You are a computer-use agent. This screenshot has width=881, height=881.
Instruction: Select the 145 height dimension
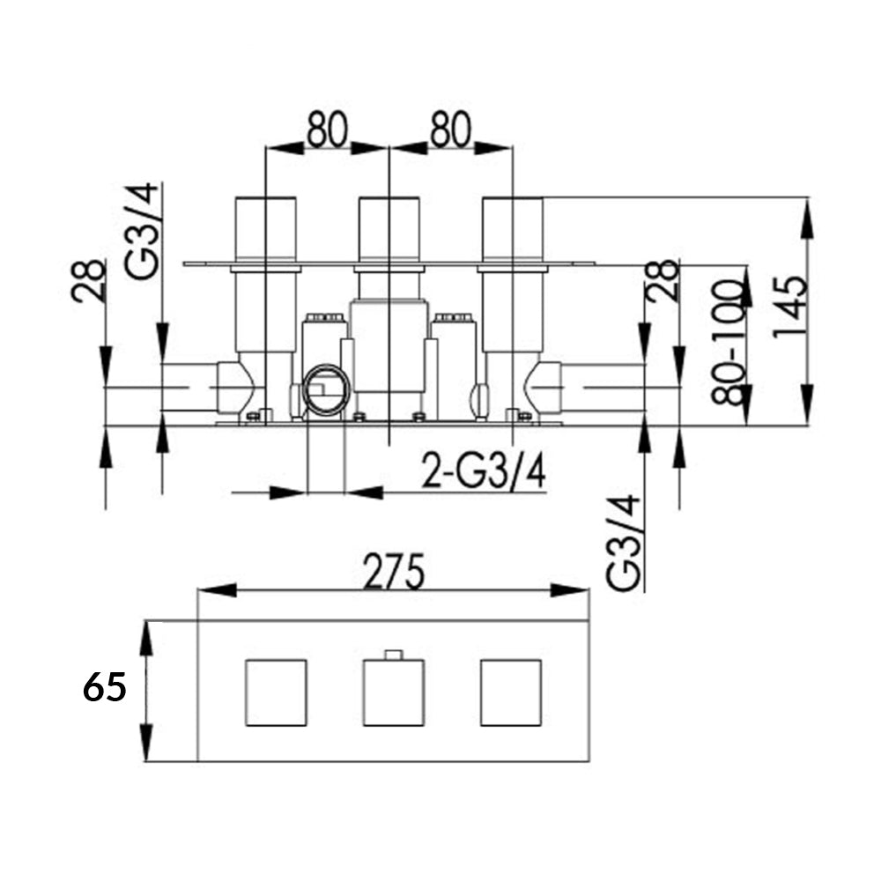(789, 306)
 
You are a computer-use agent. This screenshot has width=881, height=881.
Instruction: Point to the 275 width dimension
(394, 571)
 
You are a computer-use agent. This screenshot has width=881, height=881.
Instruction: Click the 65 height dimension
(104, 687)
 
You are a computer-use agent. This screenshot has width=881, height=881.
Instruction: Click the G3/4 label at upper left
(143, 231)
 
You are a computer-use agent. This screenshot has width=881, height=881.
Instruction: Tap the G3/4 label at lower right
(624, 543)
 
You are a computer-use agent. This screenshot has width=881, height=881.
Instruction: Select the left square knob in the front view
(276, 692)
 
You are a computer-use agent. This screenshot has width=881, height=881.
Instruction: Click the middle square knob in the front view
(394, 692)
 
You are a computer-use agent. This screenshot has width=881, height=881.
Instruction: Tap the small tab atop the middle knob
(394, 655)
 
